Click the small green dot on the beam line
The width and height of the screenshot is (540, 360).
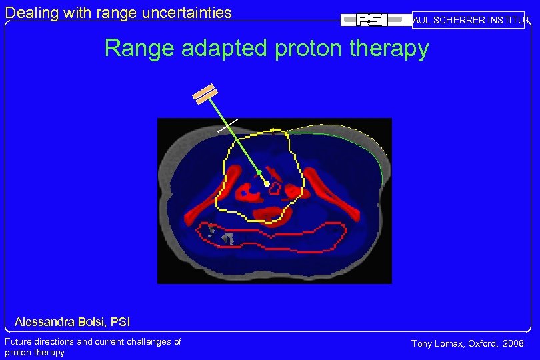coord(259,173)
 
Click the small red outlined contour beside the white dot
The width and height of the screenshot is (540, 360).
coord(275,188)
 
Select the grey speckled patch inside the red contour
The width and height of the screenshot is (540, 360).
coord(223,235)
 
